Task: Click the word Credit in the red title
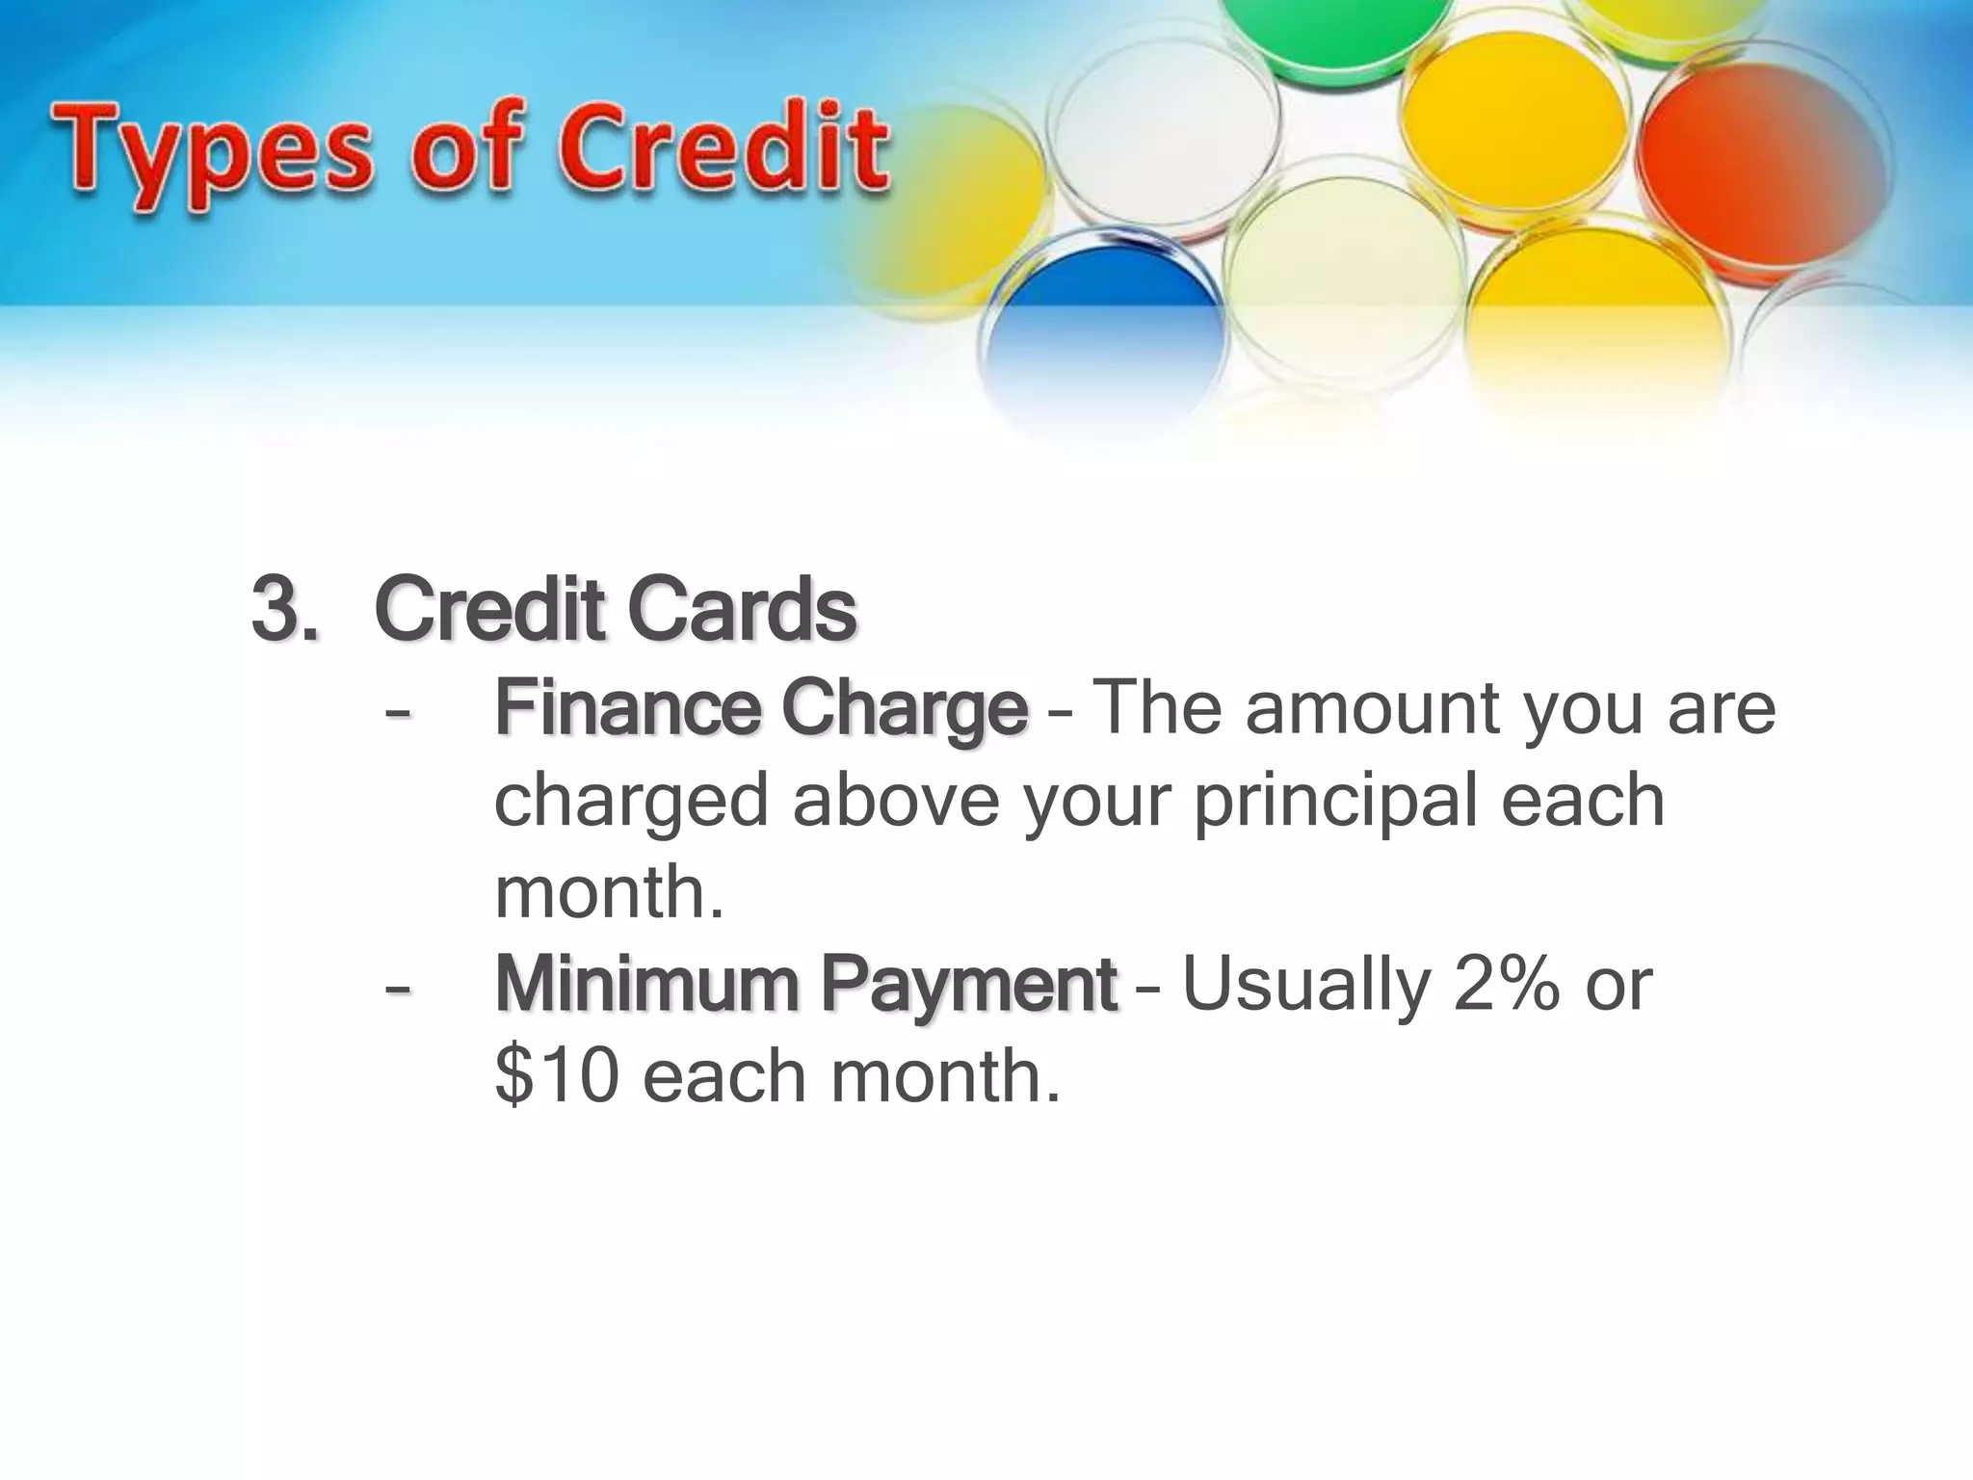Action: click(723, 149)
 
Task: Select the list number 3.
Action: click(283, 610)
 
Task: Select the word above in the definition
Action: click(896, 801)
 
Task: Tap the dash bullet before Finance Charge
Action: click(396, 714)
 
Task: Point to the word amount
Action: click(1372, 708)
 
